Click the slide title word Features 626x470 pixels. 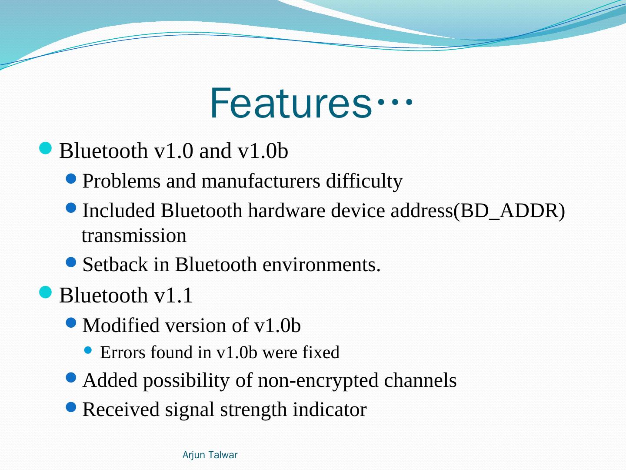click(291, 103)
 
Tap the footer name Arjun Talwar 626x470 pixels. click(210, 455)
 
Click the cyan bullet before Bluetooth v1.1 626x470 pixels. click(45, 292)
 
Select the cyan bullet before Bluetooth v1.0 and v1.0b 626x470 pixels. click(45, 148)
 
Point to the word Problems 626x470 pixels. click(121, 181)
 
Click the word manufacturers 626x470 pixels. click(261, 181)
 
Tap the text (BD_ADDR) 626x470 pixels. click(509, 211)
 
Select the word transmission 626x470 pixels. click(134, 236)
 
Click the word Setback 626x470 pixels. click(115, 264)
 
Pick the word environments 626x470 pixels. click(321, 265)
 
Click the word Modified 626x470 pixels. click(121, 326)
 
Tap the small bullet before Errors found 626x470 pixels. click(88, 350)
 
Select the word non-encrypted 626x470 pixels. click(318, 381)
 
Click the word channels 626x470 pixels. click(420, 380)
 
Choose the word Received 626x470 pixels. click(121, 410)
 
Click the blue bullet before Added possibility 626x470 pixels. click(71, 378)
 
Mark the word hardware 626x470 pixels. click(286, 211)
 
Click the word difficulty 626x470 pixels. click(364, 181)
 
